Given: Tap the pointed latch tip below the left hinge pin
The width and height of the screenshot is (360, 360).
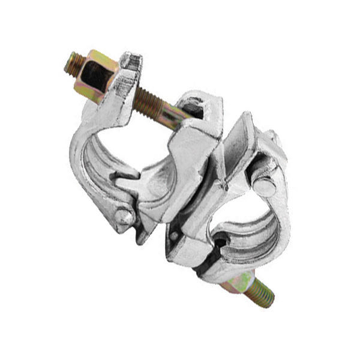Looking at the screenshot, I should pos(142,237).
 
